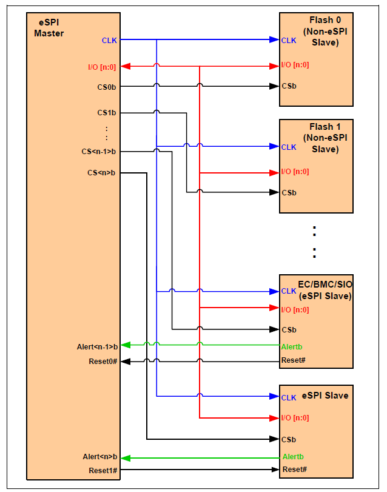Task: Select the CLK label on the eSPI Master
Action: tap(109, 41)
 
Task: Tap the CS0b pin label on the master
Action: tap(107, 87)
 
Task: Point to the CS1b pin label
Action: tap(107, 112)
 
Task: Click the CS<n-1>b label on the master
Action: tap(99, 151)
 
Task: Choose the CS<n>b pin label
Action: tap(102, 173)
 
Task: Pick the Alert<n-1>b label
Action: tap(97, 346)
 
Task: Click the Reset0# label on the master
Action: tap(103, 361)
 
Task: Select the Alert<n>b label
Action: tap(100, 457)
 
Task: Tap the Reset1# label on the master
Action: tap(103, 470)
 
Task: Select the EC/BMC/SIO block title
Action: tap(324, 290)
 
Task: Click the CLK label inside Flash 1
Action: tap(288, 147)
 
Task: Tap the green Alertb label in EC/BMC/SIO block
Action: tap(292, 346)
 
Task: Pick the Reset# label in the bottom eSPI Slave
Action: tap(294, 470)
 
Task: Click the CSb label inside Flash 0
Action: tap(288, 86)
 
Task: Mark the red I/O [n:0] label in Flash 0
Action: tap(295, 65)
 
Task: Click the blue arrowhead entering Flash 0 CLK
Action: tap(274, 40)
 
